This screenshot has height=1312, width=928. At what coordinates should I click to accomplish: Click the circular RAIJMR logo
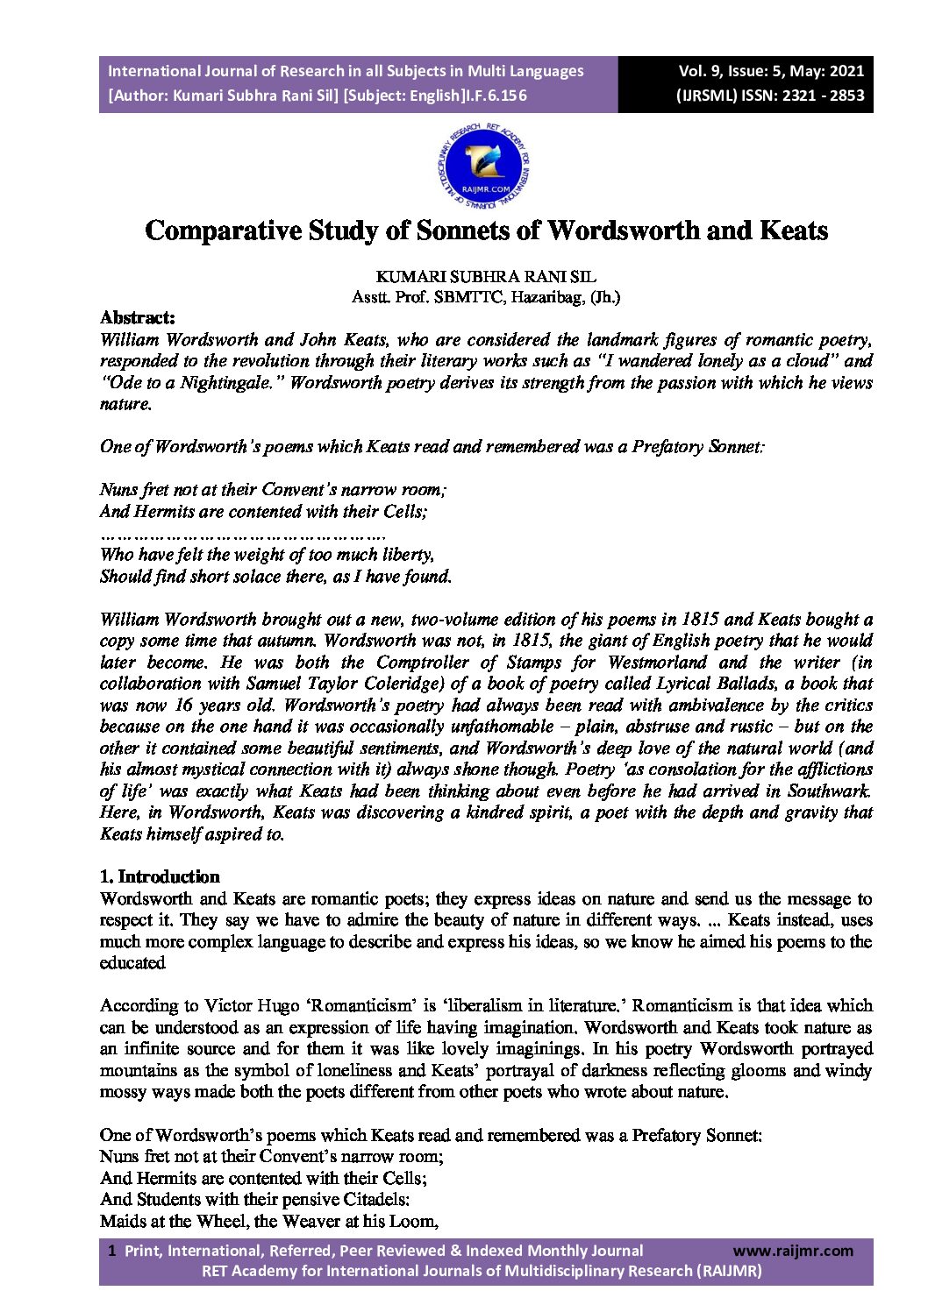point(484,165)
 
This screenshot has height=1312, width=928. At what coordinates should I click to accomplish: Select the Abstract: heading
point(137,317)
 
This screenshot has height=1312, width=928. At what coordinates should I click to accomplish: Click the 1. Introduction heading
point(160,876)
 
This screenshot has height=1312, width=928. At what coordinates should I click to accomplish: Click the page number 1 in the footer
point(111,1251)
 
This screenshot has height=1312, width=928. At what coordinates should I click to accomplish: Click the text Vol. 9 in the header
point(703,71)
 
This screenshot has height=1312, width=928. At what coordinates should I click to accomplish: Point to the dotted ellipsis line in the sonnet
point(243,533)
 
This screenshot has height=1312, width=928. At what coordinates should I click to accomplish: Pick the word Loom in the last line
point(416,1221)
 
